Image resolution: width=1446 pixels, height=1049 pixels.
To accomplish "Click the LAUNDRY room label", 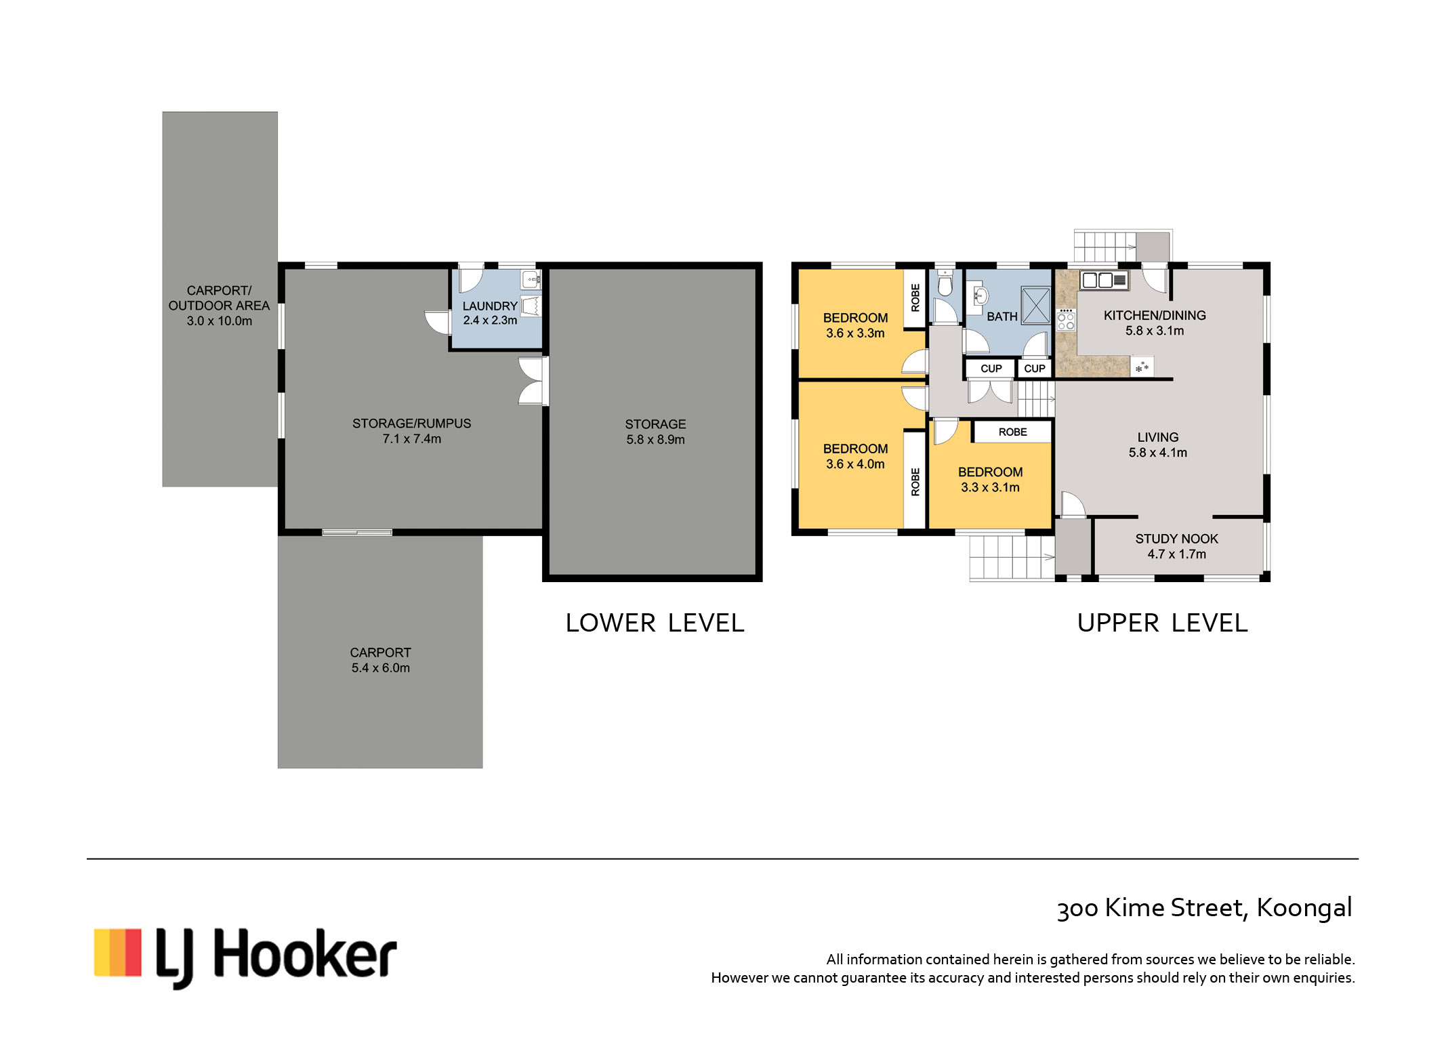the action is tap(489, 306).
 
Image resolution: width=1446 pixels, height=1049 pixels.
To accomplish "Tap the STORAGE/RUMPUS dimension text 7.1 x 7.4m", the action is tap(411, 438).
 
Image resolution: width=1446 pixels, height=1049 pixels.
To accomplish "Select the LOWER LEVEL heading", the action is tap(655, 623).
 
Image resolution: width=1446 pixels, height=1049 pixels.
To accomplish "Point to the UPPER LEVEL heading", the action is tap(1162, 623).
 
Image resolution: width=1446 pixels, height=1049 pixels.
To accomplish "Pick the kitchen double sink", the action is tap(1104, 279).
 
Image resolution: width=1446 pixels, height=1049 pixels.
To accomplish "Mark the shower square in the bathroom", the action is tap(1035, 306).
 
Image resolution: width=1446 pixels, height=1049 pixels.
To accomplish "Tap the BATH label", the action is tap(1001, 316).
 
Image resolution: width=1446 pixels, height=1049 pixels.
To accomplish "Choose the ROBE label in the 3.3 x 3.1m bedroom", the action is tap(1012, 432).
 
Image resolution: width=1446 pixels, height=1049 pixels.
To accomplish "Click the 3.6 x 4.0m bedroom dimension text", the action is tap(855, 464).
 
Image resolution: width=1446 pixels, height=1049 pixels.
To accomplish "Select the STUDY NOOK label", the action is tap(1176, 539).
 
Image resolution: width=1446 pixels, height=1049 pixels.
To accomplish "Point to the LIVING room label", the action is tap(1158, 437).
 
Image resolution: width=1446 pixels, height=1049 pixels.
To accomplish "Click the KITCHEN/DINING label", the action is tap(1155, 315).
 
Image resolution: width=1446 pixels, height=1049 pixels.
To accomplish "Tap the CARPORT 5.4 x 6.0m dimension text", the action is tap(380, 667).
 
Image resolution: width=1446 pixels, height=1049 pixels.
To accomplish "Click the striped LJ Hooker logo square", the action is tap(117, 952).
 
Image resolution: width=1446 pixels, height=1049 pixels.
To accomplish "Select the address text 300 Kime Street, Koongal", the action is tap(1204, 907).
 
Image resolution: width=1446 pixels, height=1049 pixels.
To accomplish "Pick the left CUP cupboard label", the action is tap(991, 369).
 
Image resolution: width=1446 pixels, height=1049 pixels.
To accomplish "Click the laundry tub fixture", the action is tap(531, 306).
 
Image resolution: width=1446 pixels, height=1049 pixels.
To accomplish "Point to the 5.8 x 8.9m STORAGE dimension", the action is tap(655, 439).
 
